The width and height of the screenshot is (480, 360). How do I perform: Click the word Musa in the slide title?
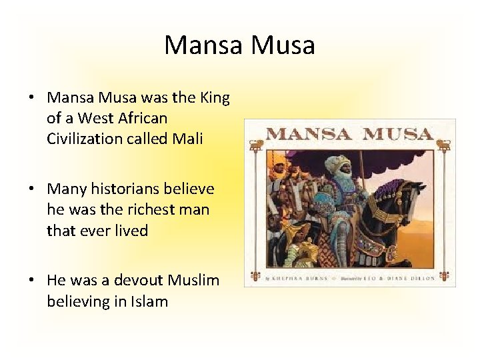click(x=283, y=45)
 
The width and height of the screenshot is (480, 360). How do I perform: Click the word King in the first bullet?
click(x=215, y=98)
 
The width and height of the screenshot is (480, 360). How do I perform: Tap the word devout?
click(x=141, y=281)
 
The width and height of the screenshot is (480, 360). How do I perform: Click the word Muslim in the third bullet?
click(x=193, y=281)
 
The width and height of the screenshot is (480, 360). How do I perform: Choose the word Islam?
click(x=151, y=301)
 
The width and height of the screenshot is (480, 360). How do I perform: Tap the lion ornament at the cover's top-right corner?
click(x=443, y=144)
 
